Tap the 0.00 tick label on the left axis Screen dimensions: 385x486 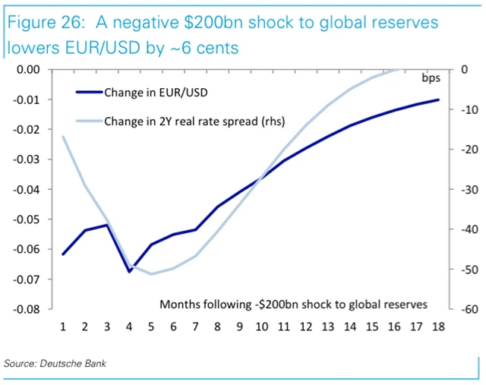tap(28, 70)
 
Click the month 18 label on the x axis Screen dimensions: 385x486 tap(437, 327)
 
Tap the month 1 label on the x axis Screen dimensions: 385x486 tap(62, 327)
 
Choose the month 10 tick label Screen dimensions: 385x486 tap(260, 327)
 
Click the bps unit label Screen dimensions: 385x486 tap(430, 77)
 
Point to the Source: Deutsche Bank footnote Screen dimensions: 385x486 tap(55, 364)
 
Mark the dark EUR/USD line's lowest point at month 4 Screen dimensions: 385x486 tap(128, 271)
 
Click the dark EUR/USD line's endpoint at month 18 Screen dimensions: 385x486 tap(437, 99)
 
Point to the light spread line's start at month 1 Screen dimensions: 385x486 tap(62, 137)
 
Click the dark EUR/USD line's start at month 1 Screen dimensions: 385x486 tap(62, 254)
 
